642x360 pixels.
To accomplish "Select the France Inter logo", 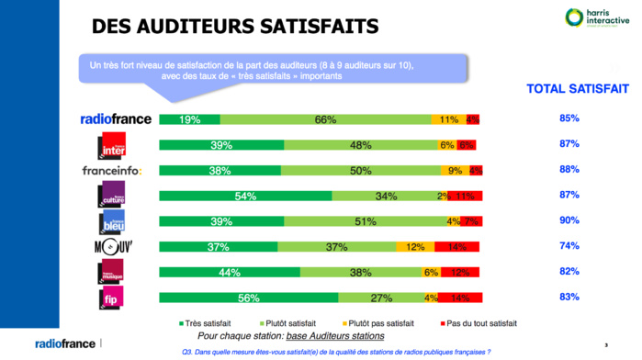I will [x=113, y=145].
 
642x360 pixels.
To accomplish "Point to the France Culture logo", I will [x=111, y=196].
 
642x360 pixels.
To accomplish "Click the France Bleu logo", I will [x=112, y=221].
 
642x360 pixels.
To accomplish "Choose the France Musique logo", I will [x=111, y=272].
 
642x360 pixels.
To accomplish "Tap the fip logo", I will [x=111, y=298].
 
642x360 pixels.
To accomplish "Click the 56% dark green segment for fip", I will [x=249, y=298].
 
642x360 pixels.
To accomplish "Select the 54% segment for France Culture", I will [x=245, y=196].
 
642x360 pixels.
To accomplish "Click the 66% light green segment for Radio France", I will [x=325, y=119].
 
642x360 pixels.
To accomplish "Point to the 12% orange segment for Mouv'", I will [x=415, y=247].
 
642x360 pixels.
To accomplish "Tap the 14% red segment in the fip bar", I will [x=460, y=298].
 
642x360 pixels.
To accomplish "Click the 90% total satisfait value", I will [x=569, y=220].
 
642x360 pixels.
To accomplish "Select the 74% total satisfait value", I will [x=569, y=246].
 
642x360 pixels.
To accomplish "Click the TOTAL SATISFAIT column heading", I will [x=577, y=89].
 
